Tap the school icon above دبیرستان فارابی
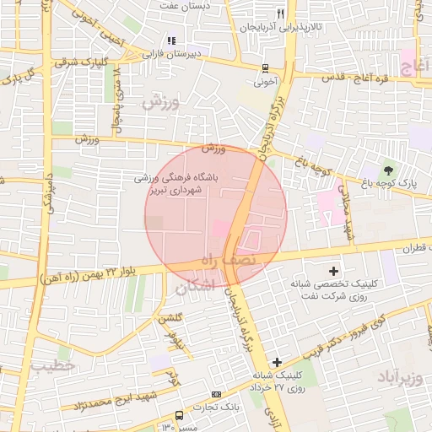click(x=171, y=40)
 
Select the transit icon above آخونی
click(x=266, y=68)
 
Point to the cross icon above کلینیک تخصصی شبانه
click(x=334, y=271)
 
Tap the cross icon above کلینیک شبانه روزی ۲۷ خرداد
click(x=277, y=361)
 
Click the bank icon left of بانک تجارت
click(x=217, y=394)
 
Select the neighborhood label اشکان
click(x=196, y=289)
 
